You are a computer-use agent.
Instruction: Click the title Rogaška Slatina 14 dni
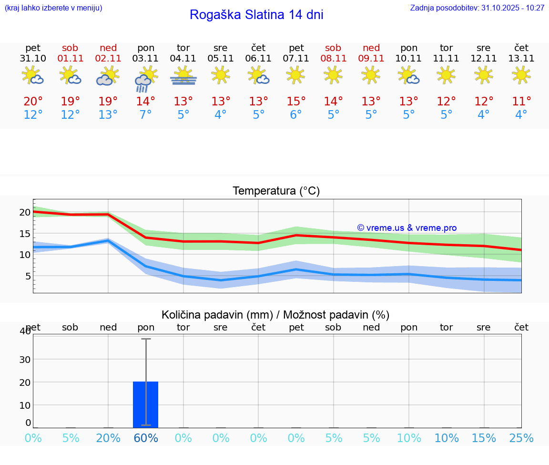(256, 15)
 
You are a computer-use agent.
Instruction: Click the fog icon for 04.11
(183, 76)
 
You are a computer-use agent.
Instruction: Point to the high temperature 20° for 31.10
(33, 102)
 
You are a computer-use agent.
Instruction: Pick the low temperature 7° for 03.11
(145, 115)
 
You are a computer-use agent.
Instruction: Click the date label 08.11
(333, 59)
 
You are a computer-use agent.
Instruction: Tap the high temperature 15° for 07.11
(296, 102)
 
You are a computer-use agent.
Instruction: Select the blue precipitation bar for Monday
(145, 404)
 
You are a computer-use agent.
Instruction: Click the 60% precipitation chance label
(146, 438)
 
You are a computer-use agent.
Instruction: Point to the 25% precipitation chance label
(521, 438)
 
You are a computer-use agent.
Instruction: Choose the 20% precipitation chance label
(108, 438)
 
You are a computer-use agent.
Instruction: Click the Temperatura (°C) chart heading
(276, 191)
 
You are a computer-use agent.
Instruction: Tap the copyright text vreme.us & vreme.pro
(407, 228)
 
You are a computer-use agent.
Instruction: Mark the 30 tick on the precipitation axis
(24, 359)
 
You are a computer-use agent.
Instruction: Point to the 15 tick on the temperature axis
(25, 234)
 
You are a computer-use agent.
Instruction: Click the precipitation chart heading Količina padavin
(275, 315)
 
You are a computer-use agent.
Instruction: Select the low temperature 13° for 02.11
(108, 115)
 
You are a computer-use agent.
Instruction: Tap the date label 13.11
(521, 59)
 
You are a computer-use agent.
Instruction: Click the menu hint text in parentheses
(53, 8)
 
